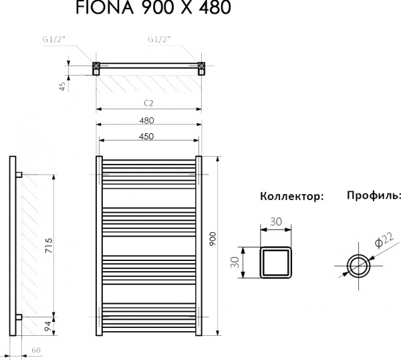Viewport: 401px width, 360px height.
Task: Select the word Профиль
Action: pos(374,196)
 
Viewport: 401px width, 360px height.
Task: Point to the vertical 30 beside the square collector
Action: pos(235,262)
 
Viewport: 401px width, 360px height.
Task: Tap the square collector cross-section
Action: pos(277,262)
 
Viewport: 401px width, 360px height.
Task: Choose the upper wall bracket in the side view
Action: pos(19,175)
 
